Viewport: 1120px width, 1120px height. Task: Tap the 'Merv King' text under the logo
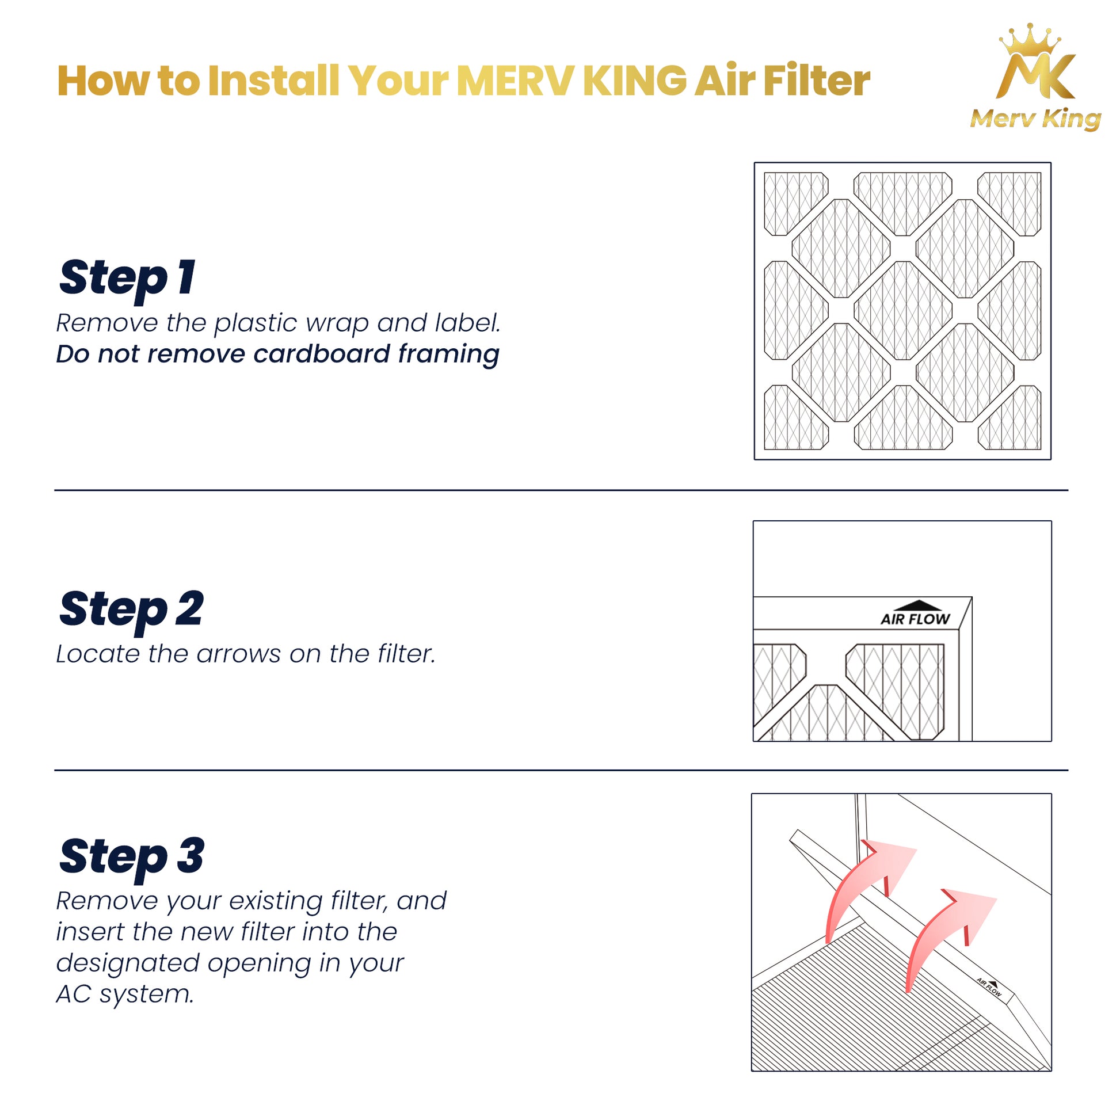point(1035,119)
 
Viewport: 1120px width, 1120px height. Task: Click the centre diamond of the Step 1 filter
point(902,311)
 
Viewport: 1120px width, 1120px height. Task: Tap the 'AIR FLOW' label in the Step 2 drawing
point(915,619)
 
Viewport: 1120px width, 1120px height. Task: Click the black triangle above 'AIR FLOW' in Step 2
point(917,605)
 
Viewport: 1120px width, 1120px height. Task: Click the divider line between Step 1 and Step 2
point(561,490)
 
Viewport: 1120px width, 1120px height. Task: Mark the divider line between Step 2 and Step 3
point(561,770)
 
